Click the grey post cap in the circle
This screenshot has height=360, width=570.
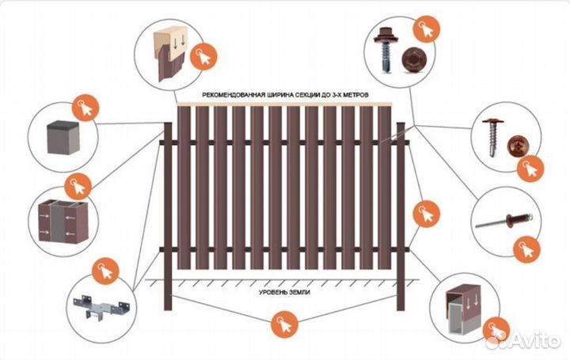63,138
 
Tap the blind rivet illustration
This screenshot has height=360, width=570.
503,220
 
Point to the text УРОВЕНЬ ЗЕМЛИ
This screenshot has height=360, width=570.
284,292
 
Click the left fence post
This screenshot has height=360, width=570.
168,216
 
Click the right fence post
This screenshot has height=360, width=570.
401,216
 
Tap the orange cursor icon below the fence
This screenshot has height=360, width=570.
285,324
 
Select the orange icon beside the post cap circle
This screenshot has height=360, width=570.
85,108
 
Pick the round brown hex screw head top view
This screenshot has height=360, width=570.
414,59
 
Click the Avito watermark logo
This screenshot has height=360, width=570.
524,339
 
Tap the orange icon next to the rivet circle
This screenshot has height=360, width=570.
526,249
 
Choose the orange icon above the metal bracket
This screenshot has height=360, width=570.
105,271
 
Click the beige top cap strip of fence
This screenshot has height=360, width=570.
285,104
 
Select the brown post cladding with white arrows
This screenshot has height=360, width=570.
63,221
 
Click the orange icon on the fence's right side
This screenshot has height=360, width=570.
427,214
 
